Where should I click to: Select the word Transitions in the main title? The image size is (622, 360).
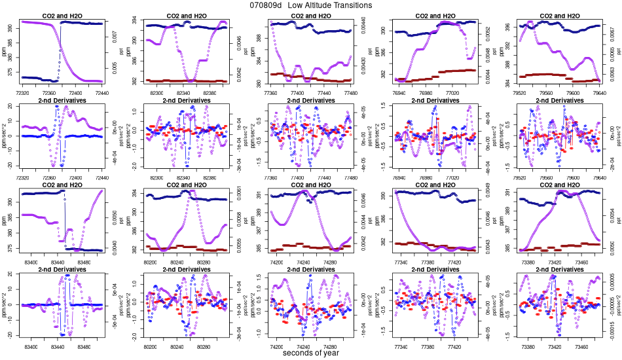point(352,5)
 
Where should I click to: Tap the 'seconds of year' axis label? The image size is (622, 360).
point(311,353)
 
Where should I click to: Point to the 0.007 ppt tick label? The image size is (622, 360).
point(115,41)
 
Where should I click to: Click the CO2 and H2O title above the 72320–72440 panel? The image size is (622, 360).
point(63,15)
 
